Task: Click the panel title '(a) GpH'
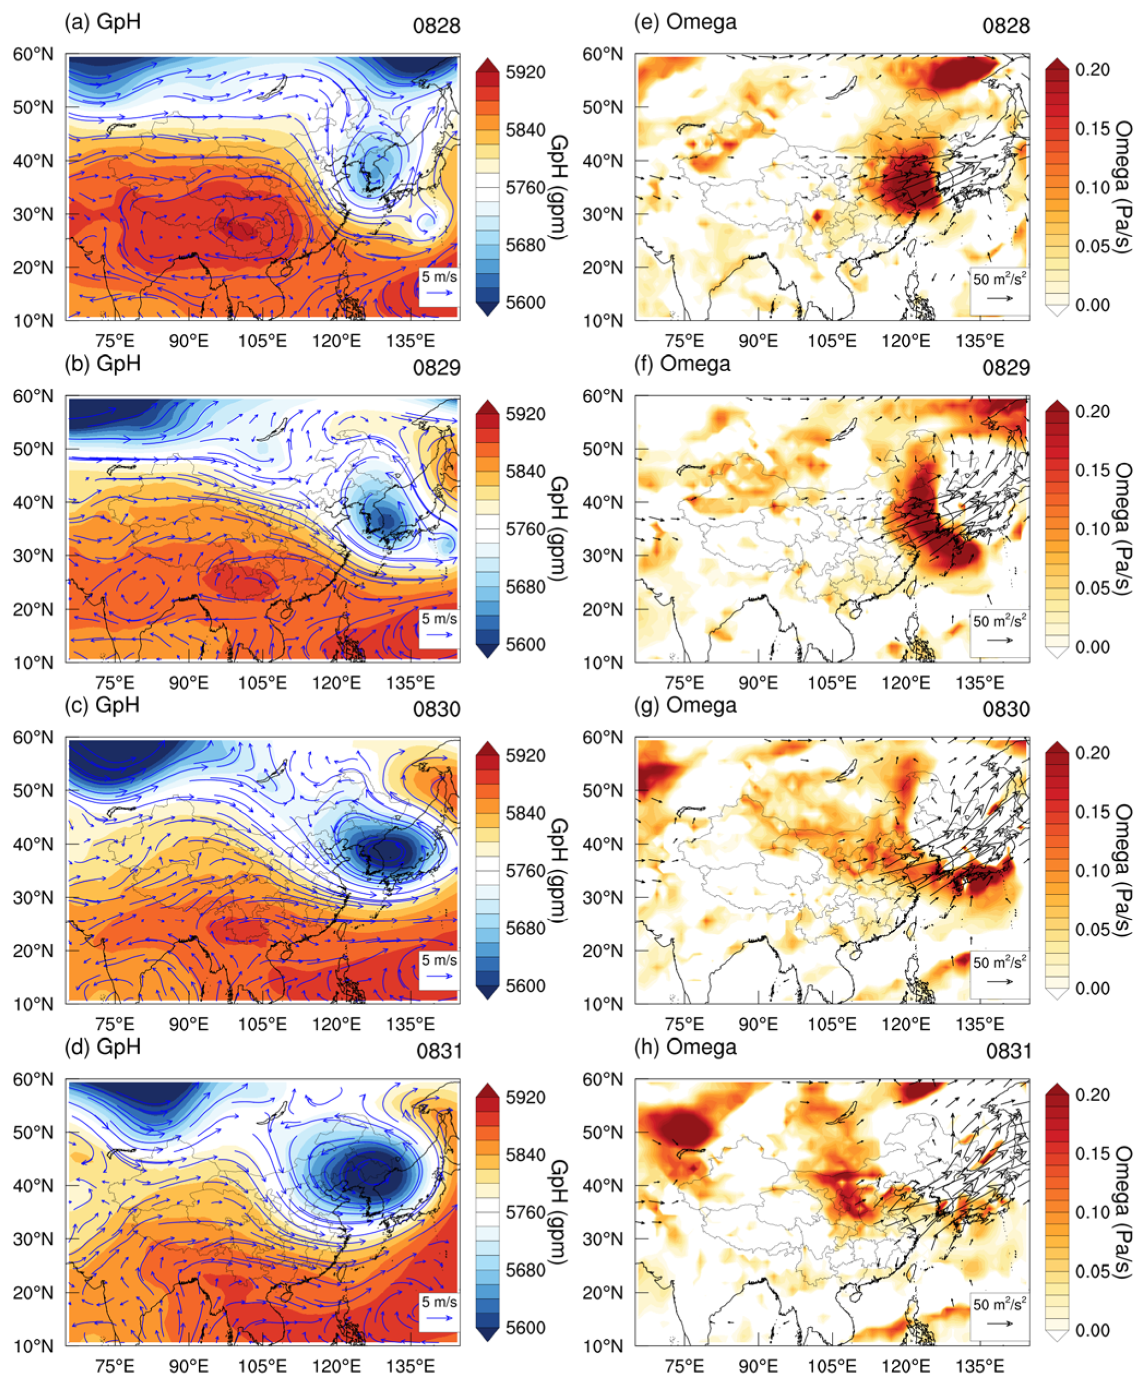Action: (x=103, y=22)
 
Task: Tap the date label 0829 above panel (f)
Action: (x=1006, y=367)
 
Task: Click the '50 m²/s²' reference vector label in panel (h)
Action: (x=999, y=1304)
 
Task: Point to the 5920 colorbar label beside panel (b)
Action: (x=525, y=414)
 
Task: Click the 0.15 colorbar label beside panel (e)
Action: (x=1093, y=129)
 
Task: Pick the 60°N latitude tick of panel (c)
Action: (x=33, y=738)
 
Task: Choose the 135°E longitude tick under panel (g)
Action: (x=980, y=1024)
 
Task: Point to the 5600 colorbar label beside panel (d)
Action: (x=525, y=1327)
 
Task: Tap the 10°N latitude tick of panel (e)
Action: (x=602, y=321)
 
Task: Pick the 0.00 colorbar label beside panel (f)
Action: (x=1093, y=647)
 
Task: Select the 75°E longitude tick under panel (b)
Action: (x=115, y=683)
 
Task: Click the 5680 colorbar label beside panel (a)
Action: (x=525, y=245)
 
